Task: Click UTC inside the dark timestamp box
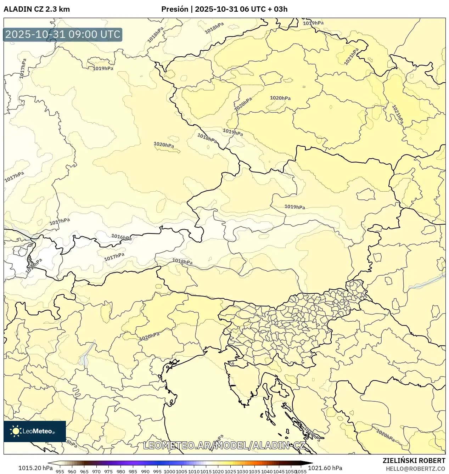[x=110, y=34]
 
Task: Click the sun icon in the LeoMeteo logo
[x=16, y=431]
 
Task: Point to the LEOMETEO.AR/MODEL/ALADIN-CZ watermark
[x=224, y=445]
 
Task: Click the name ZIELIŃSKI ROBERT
[x=414, y=461]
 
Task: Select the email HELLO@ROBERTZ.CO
[x=415, y=469]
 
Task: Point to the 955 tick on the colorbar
[x=60, y=472]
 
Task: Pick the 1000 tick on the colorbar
[x=169, y=472]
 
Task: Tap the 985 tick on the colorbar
[x=133, y=472]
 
